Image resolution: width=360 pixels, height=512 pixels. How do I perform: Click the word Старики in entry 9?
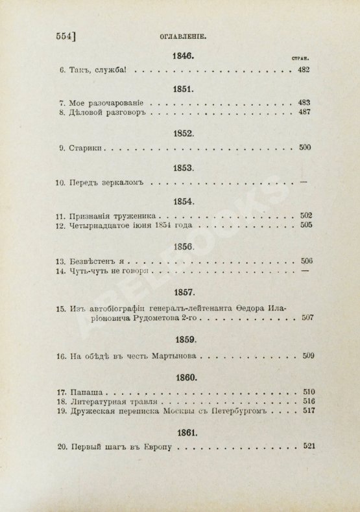(86, 148)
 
